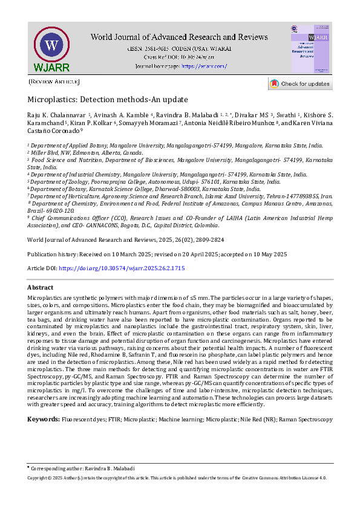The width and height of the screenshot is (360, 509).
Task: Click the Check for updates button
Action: [299, 84]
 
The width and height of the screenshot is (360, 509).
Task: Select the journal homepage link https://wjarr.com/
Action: [204, 66]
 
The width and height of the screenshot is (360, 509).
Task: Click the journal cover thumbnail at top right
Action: [310, 49]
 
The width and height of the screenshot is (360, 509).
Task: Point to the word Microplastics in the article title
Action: [51, 100]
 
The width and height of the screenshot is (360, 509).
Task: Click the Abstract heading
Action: [41, 288]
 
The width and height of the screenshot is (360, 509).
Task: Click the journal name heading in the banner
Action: [180, 37]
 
